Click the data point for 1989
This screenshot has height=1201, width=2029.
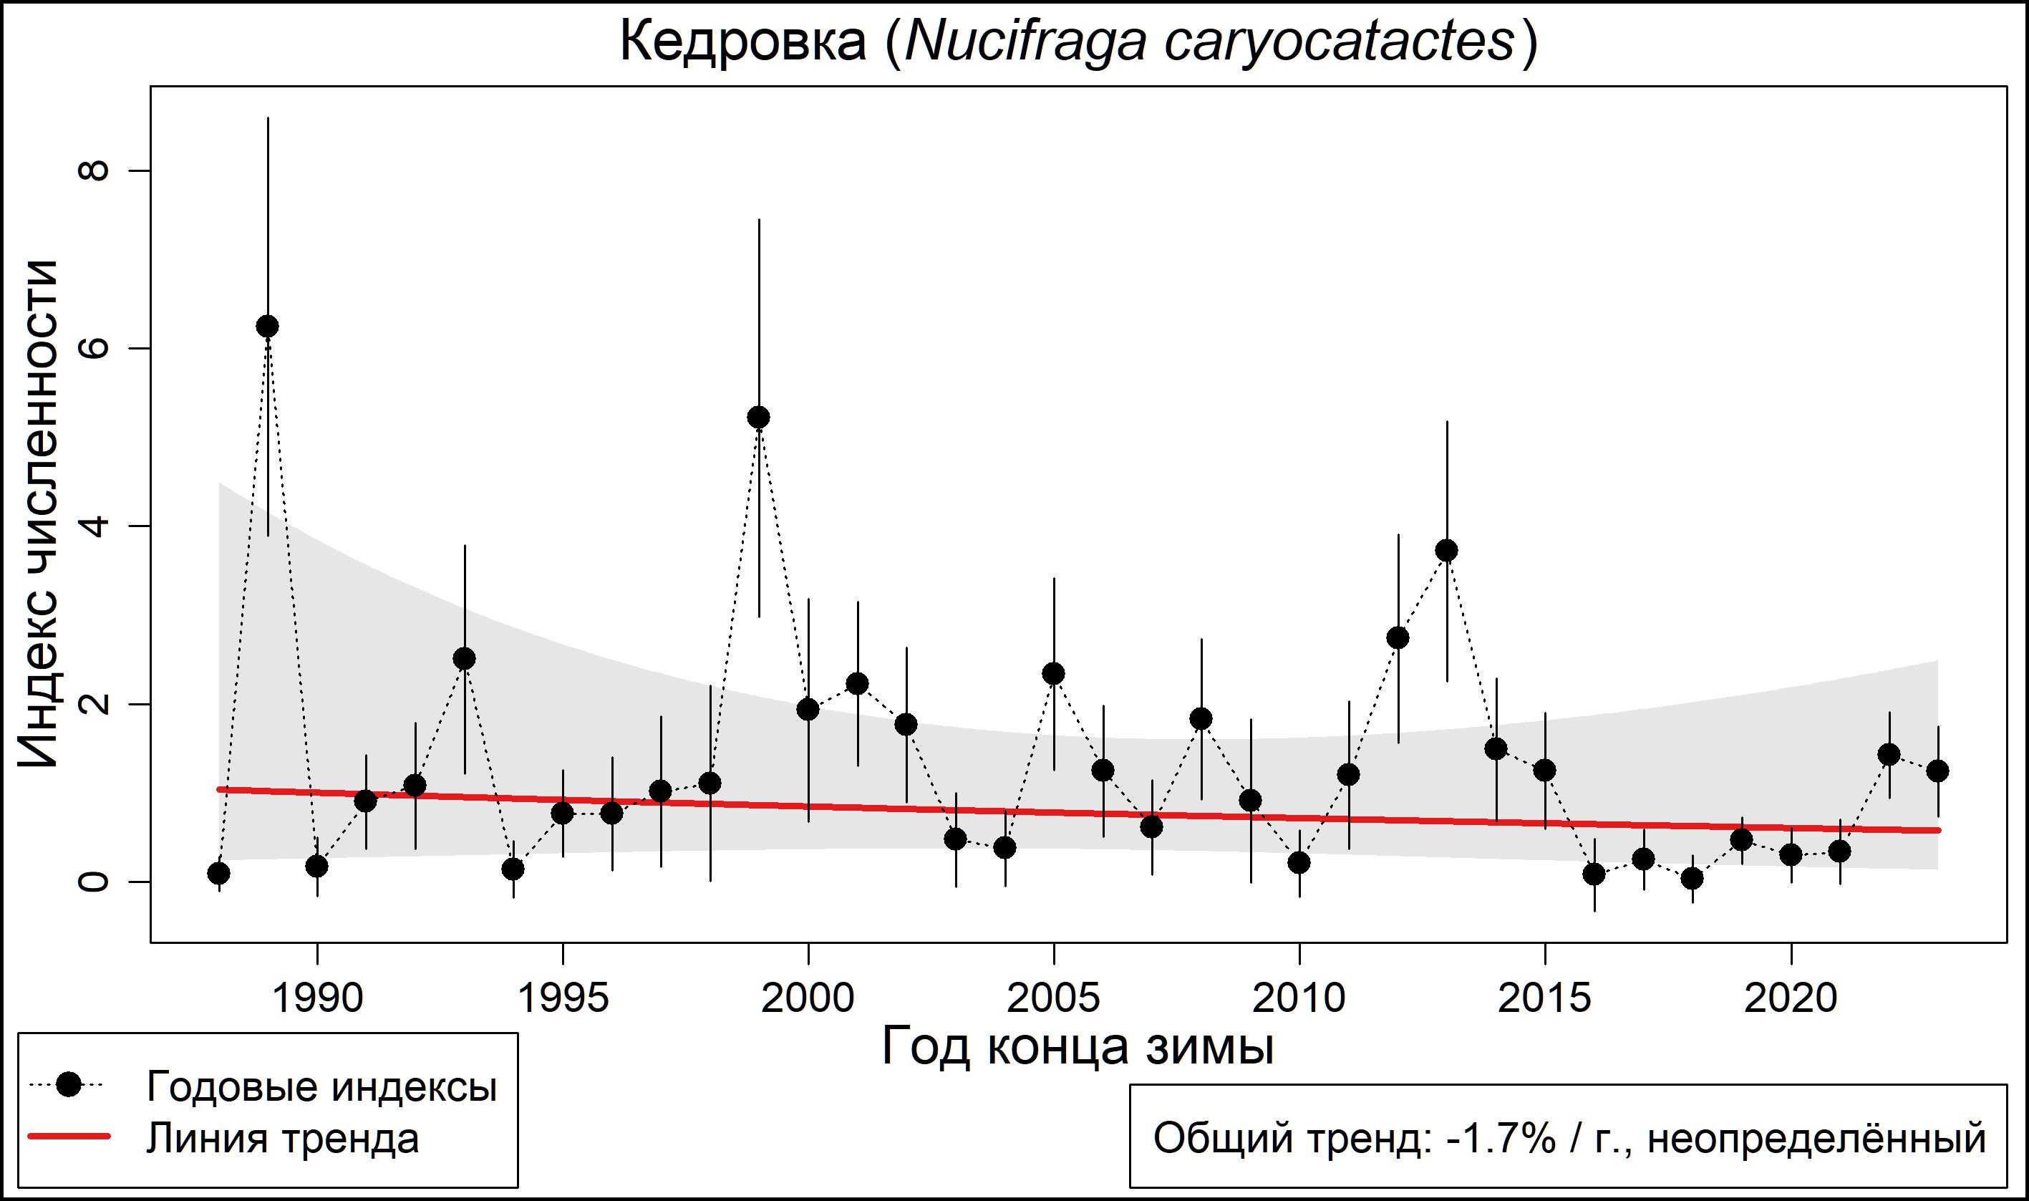pyautogui.click(x=268, y=326)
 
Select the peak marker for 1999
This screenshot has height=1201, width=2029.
pyautogui.click(x=758, y=418)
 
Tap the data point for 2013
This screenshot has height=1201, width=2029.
pyautogui.click(x=1446, y=550)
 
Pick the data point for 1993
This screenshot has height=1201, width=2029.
pyautogui.click(x=465, y=659)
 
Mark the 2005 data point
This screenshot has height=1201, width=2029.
pyautogui.click(x=1053, y=673)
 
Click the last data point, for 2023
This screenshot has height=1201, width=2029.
pyautogui.click(x=1937, y=771)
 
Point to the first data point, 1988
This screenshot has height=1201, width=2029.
pyautogui.click(x=218, y=873)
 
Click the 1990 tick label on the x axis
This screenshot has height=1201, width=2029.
pyautogui.click(x=317, y=998)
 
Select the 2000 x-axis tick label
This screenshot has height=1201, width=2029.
pyautogui.click(x=808, y=998)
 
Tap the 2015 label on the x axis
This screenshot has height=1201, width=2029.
pyautogui.click(x=1544, y=998)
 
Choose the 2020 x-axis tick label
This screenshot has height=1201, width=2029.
pyautogui.click(x=1791, y=998)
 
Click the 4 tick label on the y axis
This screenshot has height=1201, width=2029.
pyautogui.click(x=93, y=526)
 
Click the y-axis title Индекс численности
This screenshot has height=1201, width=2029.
pyautogui.click(x=38, y=514)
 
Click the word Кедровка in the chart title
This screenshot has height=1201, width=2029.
pyautogui.click(x=742, y=42)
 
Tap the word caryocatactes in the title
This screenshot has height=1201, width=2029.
pyautogui.click(x=1338, y=42)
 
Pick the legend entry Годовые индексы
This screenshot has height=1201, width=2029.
pyautogui.click(x=321, y=1086)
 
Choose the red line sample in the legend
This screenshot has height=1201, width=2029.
pyautogui.click(x=69, y=1138)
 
